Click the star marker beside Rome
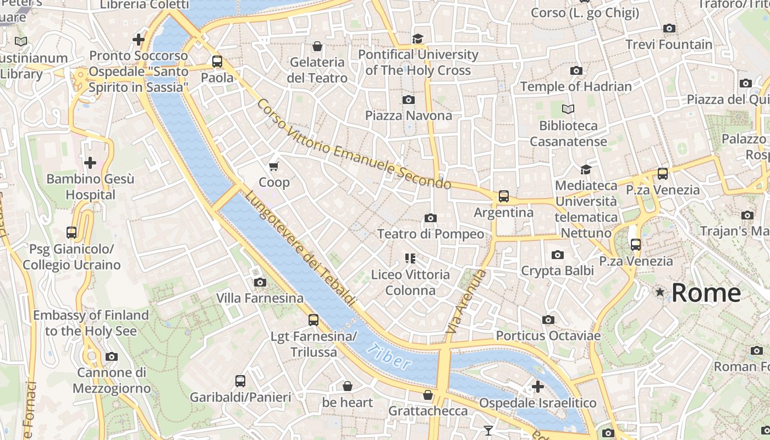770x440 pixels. pos(660,292)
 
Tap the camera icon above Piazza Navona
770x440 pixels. pos(408,100)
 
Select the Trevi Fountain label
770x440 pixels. pos(669,45)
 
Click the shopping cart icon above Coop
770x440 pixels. pos(274,166)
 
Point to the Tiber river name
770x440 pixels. pos(389,356)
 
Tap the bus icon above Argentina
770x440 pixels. pos(503,196)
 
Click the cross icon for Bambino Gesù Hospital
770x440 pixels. pos(90,163)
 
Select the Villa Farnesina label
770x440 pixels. pos(260,298)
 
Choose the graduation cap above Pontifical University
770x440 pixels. pos(418,38)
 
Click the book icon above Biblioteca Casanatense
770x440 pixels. pos(568,109)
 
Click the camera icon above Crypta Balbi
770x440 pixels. pos(558,255)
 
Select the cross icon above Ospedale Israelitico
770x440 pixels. pos(537,387)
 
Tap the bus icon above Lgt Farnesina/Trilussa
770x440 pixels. pos(313,320)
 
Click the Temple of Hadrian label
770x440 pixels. pos(576,86)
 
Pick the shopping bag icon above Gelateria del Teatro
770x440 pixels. pos(317,46)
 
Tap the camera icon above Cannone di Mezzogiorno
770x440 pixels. pos(112,356)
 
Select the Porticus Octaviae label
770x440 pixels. pos(548,335)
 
